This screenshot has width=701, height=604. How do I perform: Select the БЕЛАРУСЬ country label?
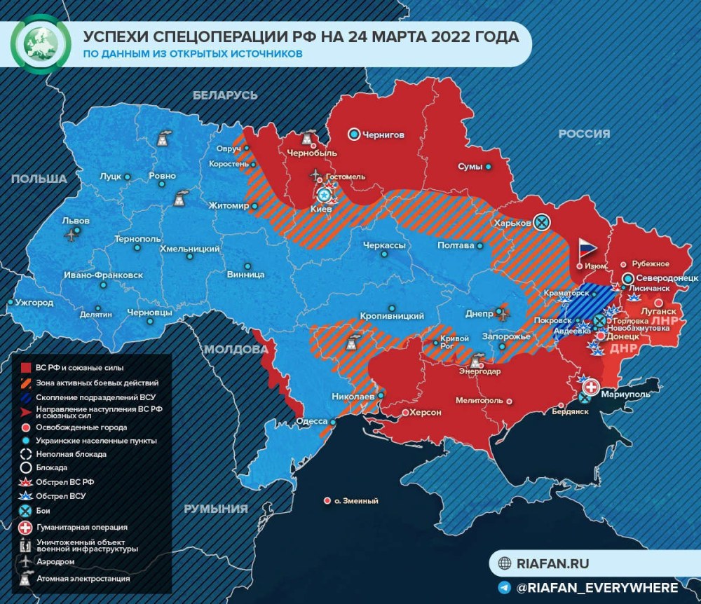(x=226, y=95)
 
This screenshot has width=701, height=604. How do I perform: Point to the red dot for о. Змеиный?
(x=327, y=500)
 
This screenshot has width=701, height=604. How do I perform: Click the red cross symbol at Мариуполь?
(x=592, y=387)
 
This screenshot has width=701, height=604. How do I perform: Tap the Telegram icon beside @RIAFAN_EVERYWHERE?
(x=504, y=587)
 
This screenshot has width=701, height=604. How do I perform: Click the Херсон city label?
(x=425, y=413)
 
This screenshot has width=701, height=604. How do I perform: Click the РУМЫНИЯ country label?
(x=215, y=509)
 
